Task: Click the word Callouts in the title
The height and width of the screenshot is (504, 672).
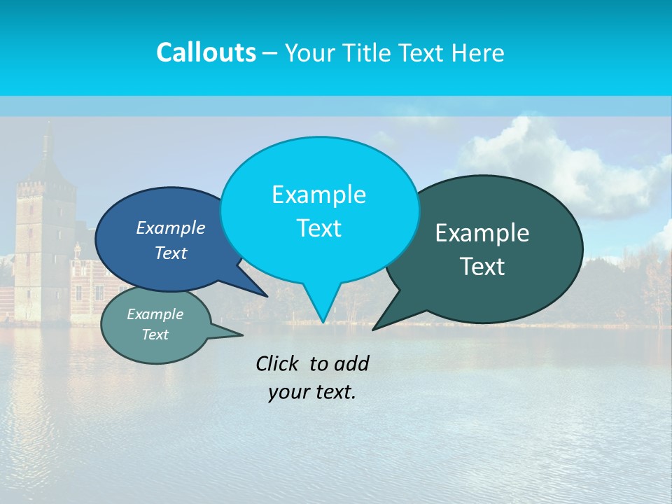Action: pos(206,52)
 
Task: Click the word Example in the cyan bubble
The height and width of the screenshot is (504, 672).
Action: pos(318,195)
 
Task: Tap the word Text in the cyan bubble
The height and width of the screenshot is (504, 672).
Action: pos(318,228)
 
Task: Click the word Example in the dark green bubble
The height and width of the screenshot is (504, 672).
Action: pos(482,233)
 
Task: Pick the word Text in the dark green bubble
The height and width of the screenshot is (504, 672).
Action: pos(482,267)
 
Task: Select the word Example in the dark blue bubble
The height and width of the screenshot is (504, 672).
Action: pos(171,227)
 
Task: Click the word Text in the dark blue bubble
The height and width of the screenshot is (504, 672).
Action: pos(171,253)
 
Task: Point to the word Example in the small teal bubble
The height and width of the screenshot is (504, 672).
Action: pos(155,314)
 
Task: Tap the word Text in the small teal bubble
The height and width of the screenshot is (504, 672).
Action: pos(155,335)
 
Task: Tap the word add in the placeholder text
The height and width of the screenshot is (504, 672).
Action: pos(351,363)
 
